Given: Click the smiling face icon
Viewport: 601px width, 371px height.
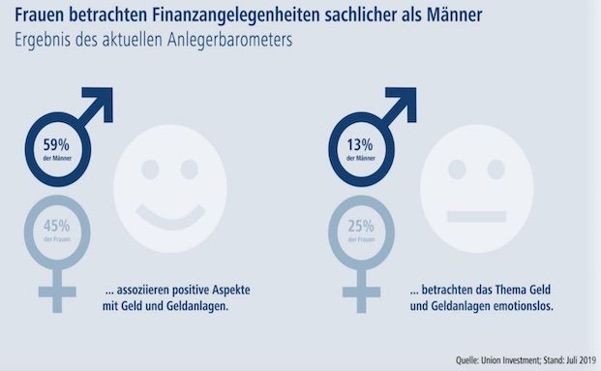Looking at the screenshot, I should [x=170, y=187].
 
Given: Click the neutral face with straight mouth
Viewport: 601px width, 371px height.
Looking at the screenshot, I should [x=476, y=187].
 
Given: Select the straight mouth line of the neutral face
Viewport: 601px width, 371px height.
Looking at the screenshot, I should [x=476, y=209].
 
